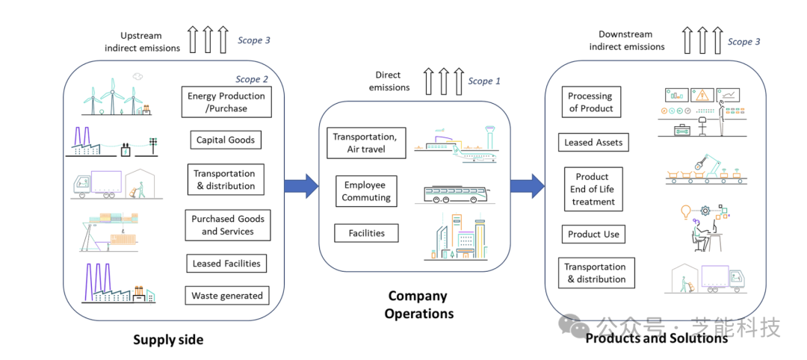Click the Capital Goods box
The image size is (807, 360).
225,140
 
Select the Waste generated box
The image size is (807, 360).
226,296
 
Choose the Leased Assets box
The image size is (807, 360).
593,142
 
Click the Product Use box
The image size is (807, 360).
593,234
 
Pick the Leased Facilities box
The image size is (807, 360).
226,264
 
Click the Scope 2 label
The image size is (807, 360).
252,79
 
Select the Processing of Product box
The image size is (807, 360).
590,102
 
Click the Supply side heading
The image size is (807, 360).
168,340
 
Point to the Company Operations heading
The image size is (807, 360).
418,305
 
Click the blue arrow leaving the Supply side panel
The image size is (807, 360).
301,185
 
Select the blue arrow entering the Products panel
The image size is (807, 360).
528,185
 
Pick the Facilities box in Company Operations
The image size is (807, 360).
366,233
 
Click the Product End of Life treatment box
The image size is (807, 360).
593,189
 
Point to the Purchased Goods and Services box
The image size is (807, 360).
227,226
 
